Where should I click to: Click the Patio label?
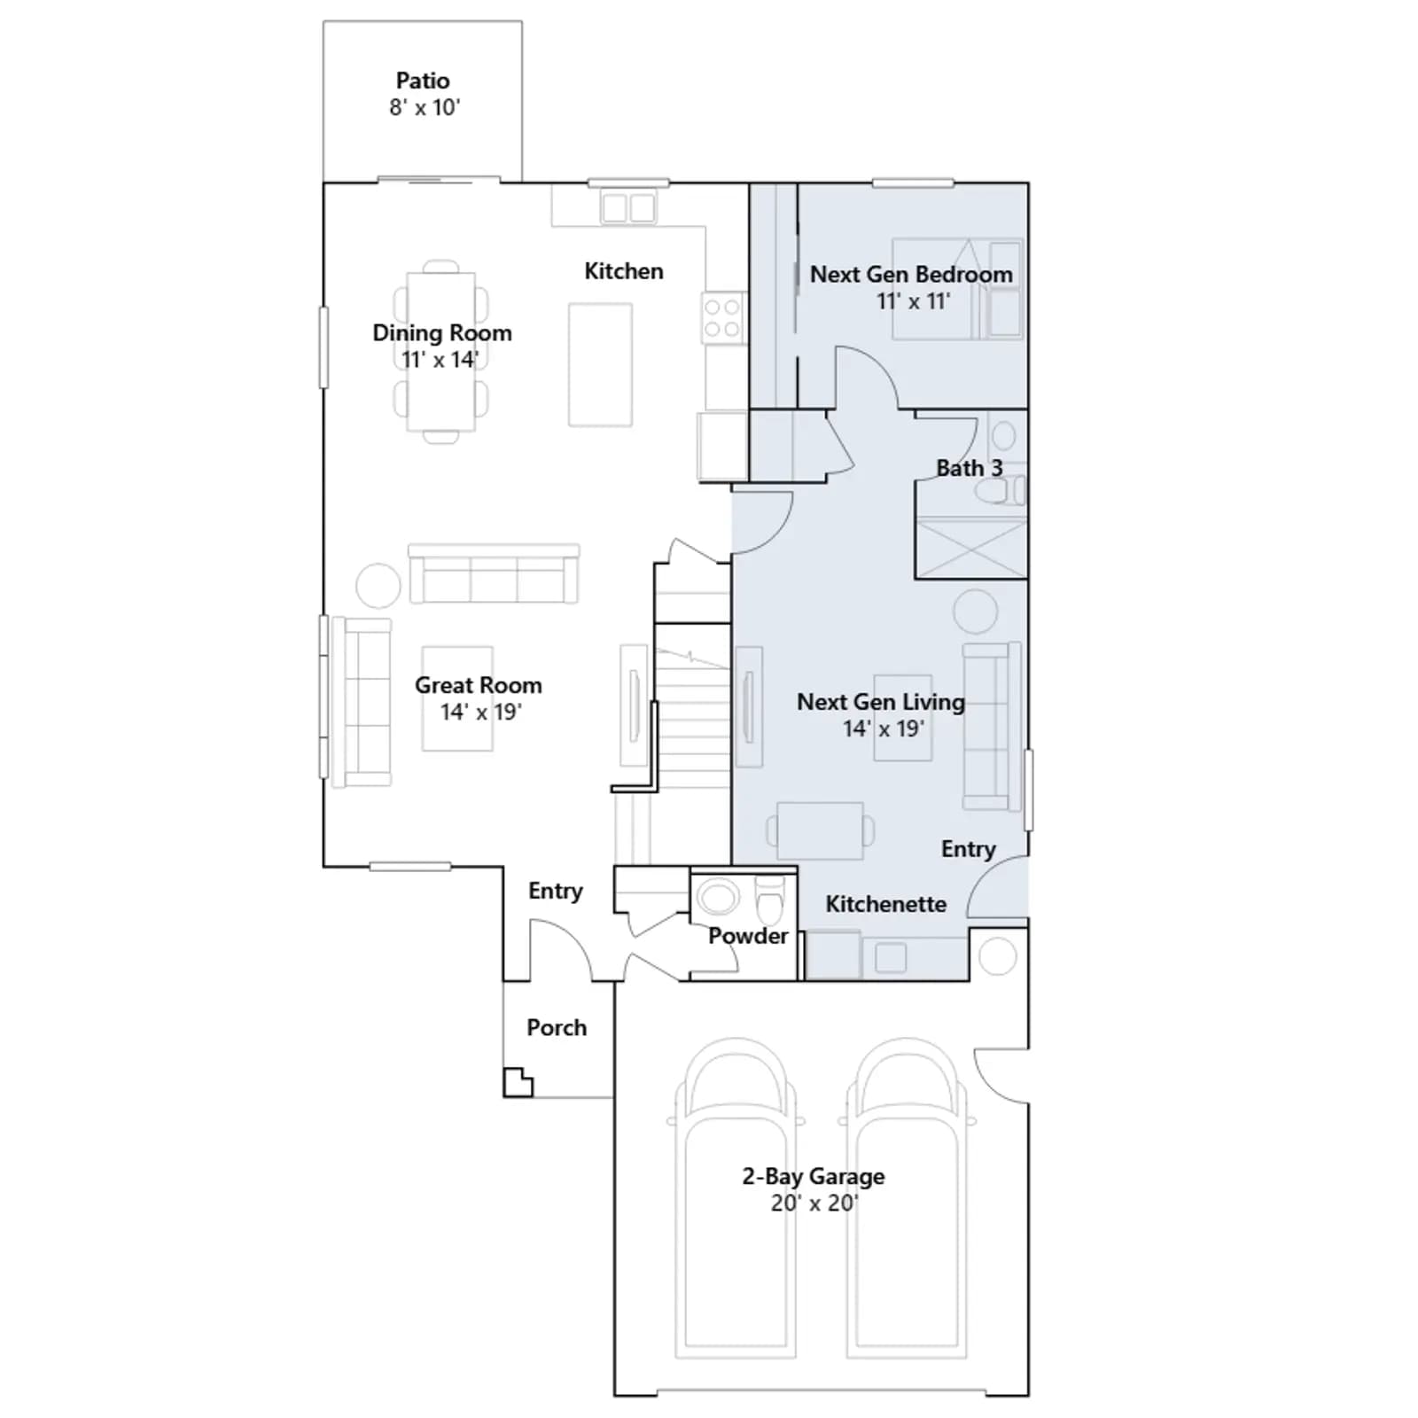(x=423, y=81)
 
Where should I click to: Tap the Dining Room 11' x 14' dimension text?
(x=440, y=360)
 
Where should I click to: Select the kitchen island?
(x=600, y=365)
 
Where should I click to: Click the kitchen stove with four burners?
(x=723, y=318)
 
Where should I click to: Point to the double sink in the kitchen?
(x=628, y=208)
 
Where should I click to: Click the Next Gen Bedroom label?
(x=911, y=275)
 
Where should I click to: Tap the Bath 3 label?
(x=970, y=468)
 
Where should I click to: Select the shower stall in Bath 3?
(x=971, y=548)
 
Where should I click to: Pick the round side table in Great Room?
(x=378, y=586)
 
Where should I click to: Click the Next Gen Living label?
(x=881, y=702)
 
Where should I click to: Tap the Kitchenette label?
(x=886, y=904)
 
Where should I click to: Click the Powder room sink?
(x=719, y=896)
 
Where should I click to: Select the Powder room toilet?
(x=769, y=900)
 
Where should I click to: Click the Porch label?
(x=557, y=1027)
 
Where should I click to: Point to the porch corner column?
(x=518, y=1083)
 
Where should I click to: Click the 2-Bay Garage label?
(x=814, y=1176)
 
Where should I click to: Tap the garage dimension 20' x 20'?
(x=814, y=1203)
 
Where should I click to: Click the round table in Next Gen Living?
(x=976, y=611)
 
